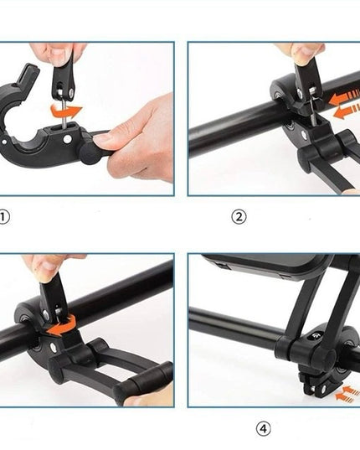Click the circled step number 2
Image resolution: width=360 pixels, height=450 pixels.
point(239,218)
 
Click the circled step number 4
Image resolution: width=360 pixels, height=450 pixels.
point(264,429)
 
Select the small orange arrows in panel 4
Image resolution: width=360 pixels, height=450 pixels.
point(346,391)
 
